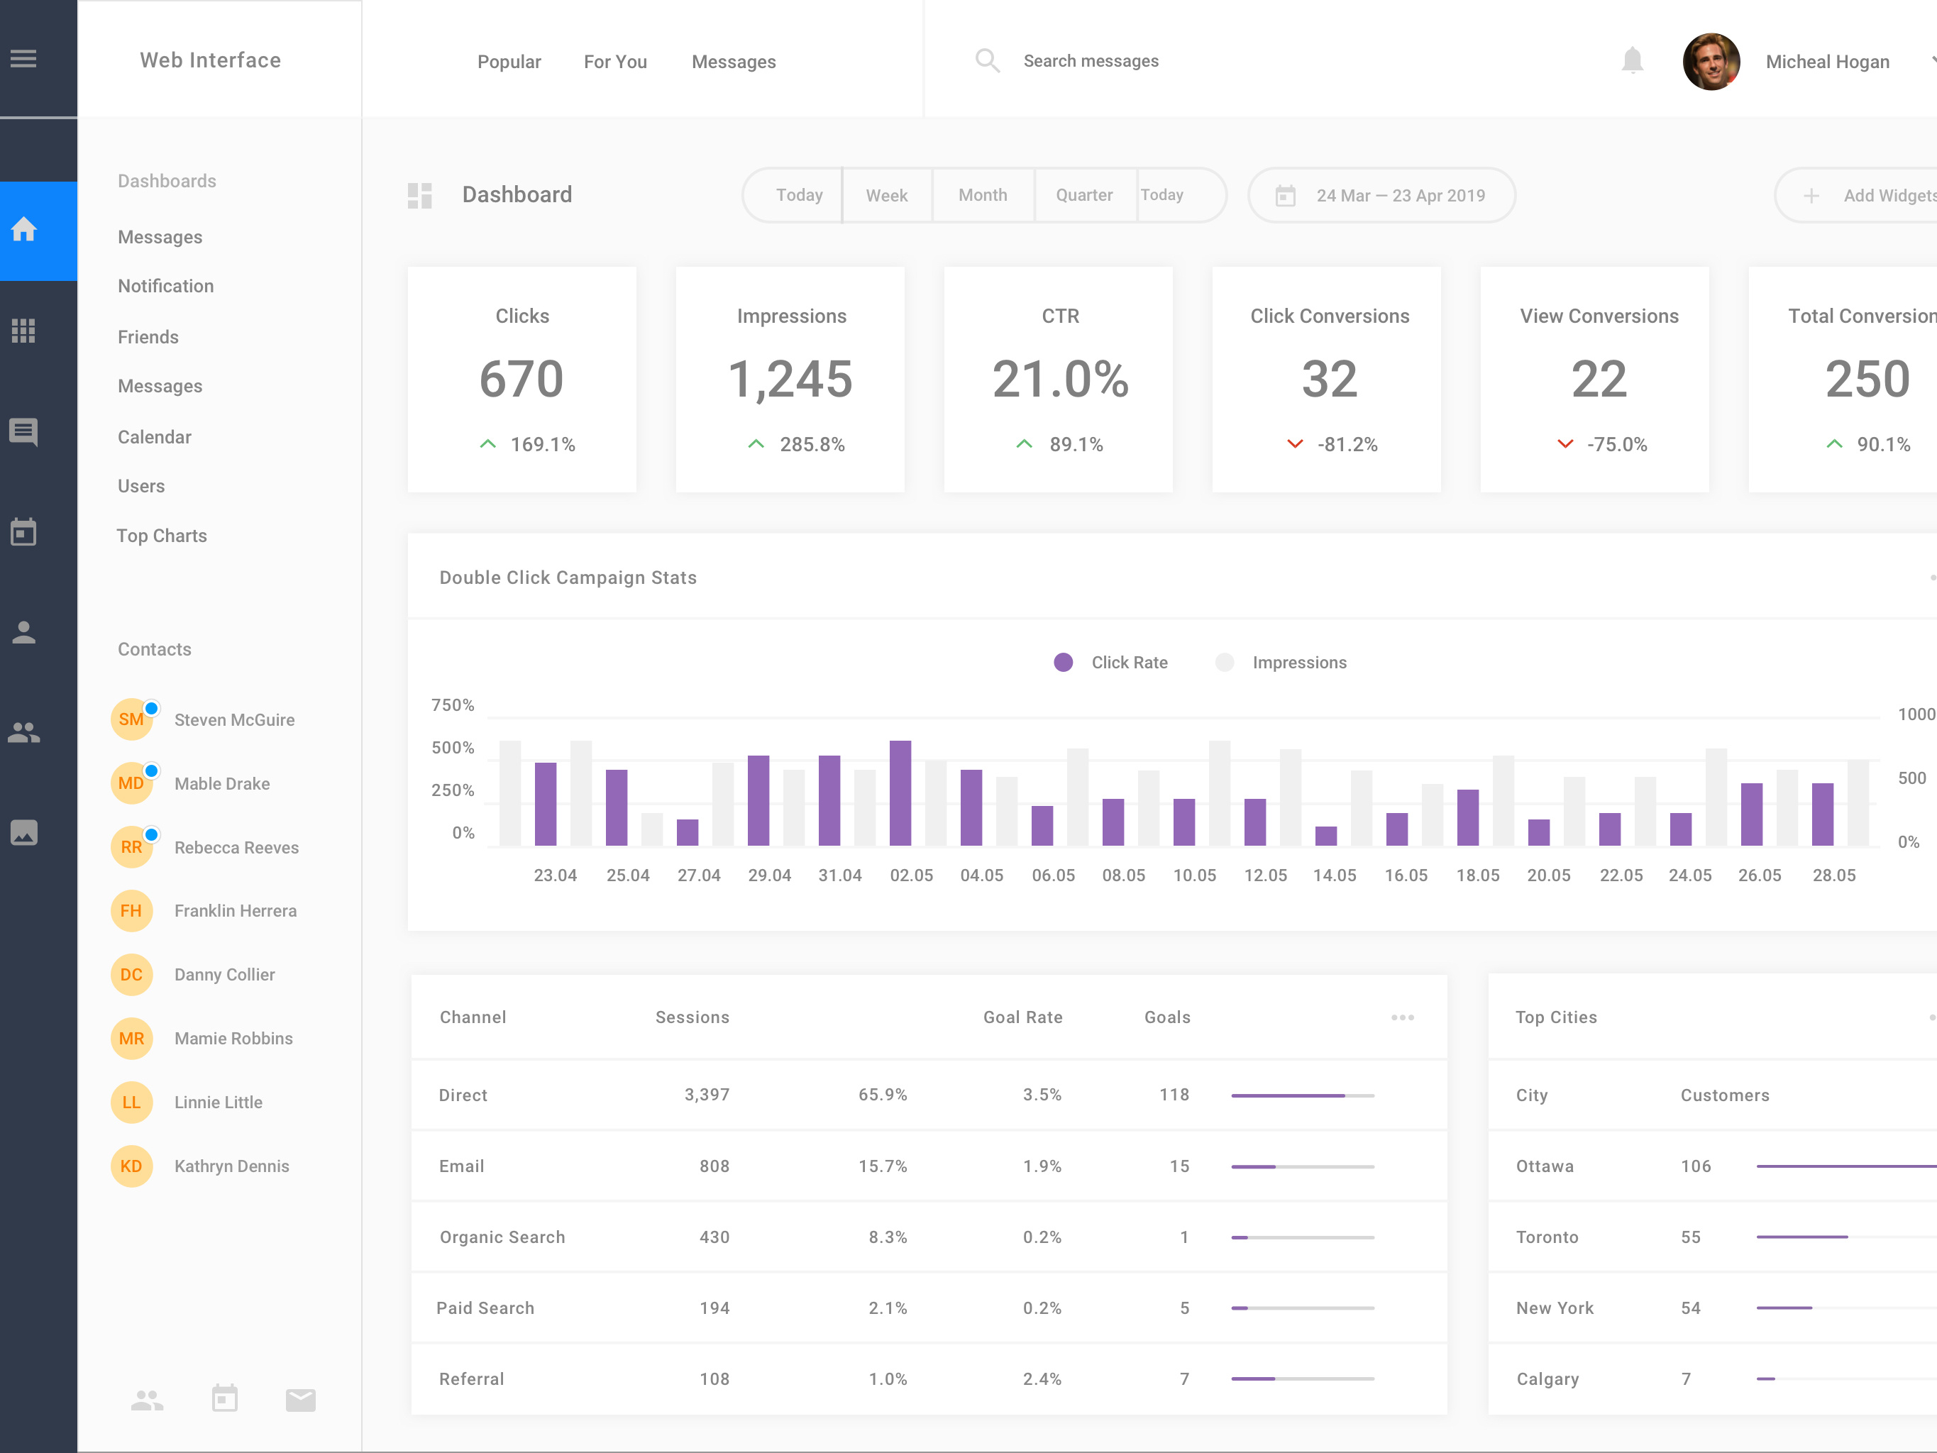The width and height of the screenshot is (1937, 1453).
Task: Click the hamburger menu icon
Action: click(23, 60)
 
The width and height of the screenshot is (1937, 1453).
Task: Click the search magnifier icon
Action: click(987, 60)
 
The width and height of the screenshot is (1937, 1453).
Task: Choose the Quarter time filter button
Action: click(1083, 195)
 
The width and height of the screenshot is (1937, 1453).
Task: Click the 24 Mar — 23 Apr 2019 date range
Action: click(1399, 195)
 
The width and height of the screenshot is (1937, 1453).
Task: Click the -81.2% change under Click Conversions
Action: click(1347, 445)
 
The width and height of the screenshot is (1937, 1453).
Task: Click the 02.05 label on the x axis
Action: click(911, 875)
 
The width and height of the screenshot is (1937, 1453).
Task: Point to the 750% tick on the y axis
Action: click(453, 705)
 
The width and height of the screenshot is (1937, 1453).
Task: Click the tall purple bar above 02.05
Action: click(900, 792)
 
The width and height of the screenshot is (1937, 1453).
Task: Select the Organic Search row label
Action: click(502, 1237)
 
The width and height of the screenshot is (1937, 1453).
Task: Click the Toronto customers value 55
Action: click(1690, 1237)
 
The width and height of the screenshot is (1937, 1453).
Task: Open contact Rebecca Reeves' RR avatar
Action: click(131, 847)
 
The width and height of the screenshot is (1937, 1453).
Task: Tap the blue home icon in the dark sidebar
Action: click(23, 231)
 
